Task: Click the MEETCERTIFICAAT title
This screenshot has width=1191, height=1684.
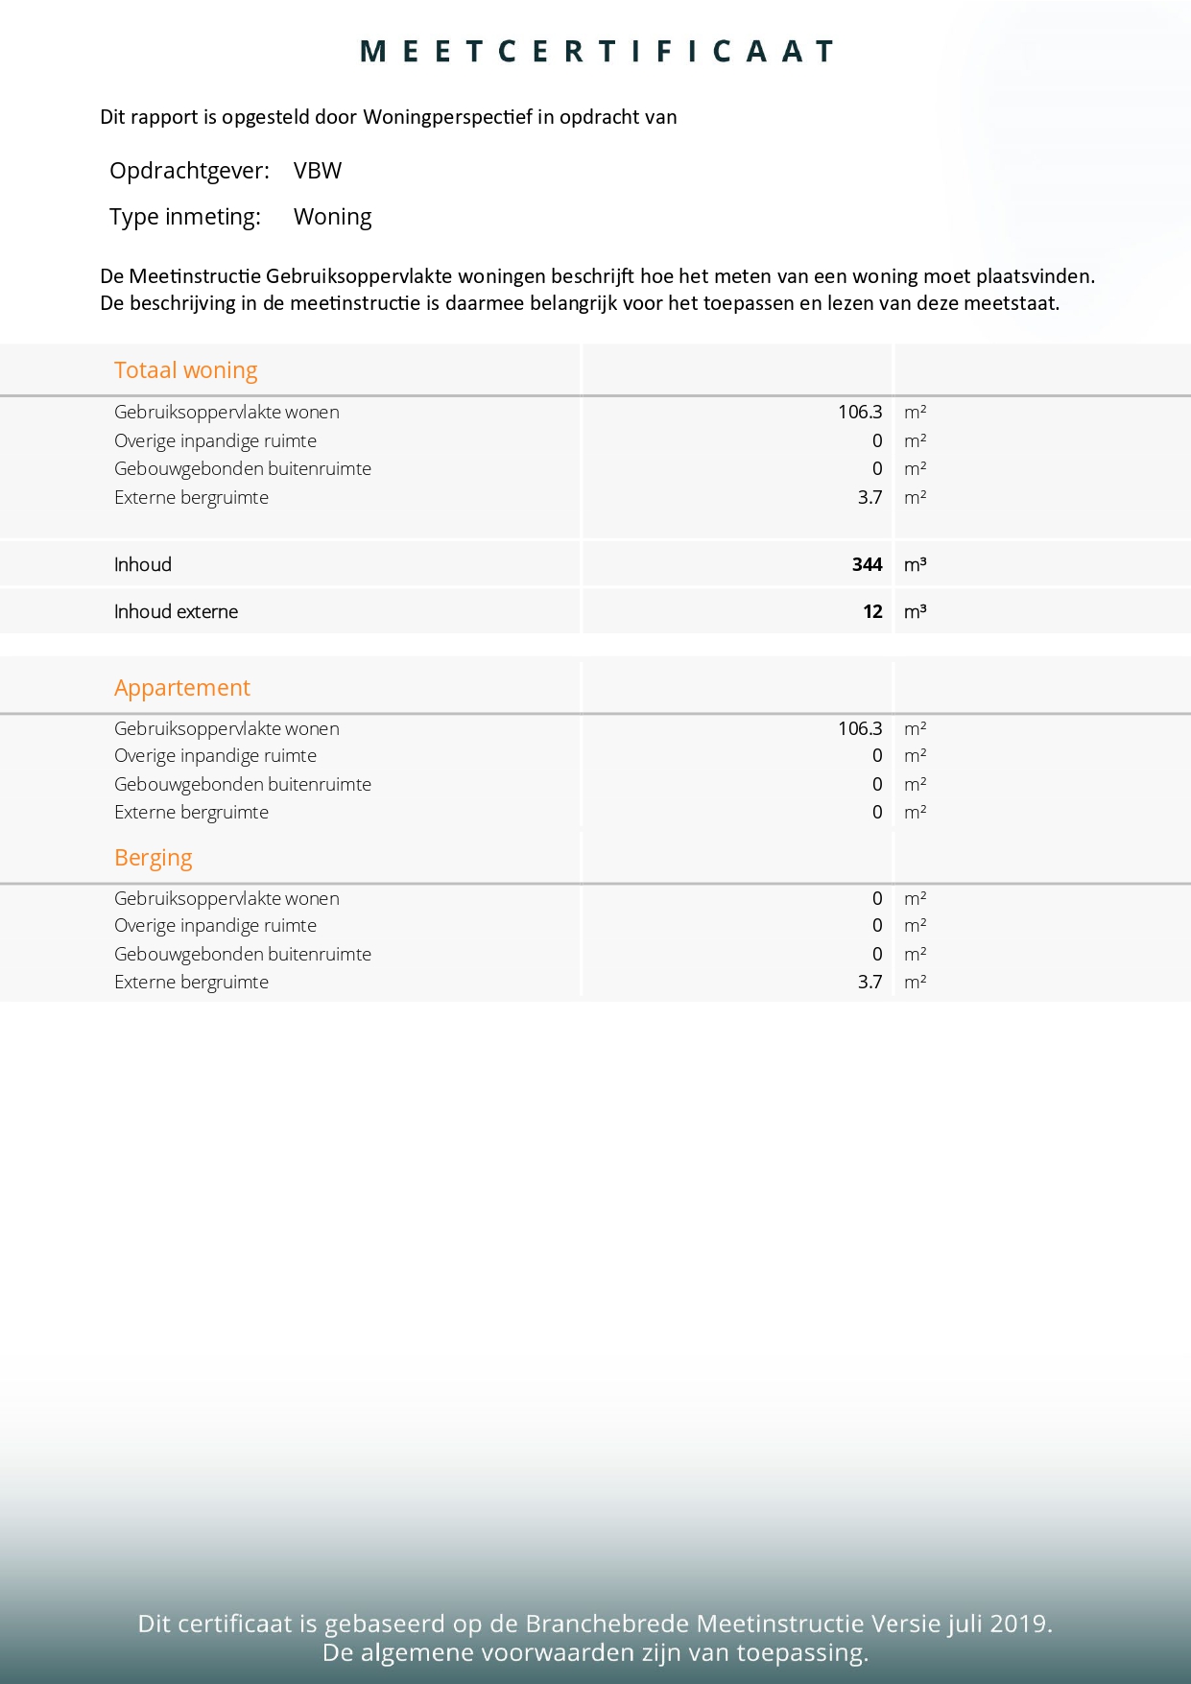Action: [596, 52]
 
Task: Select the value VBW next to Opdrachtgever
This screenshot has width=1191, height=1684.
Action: [318, 171]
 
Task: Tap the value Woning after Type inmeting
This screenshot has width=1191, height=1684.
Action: [332, 217]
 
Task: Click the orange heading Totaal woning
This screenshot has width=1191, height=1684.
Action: [185, 370]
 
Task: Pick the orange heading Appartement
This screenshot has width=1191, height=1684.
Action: [181, 688]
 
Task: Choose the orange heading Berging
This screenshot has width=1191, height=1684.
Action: [153, 858]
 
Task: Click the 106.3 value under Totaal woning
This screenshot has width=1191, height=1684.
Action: [859, 413]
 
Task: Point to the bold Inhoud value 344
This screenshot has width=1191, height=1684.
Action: [867, 565]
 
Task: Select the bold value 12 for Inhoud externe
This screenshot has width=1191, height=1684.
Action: [872, 612]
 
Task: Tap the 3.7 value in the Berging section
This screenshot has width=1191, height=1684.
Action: [869, 983]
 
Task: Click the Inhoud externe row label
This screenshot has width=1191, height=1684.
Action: [176, 612]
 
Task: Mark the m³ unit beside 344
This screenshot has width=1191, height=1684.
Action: [915, 565]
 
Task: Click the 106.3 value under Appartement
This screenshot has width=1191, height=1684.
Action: [859, 729]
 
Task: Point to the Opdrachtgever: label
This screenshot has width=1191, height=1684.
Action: [189, 171]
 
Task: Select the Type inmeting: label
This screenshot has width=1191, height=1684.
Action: [184, 217]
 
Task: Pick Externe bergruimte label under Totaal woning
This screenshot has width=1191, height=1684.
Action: [191, 498]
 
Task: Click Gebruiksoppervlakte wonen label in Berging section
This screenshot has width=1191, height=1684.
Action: [226, 899]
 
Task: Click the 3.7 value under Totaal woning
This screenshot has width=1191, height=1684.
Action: [869, 498]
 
